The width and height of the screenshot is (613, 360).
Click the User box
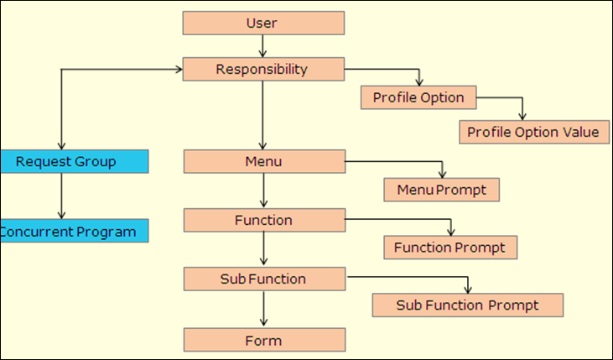click(x=263, y=23)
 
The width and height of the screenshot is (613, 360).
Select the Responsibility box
click(x=263, y=69)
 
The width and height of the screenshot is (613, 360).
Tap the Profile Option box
click(x=418, y=97)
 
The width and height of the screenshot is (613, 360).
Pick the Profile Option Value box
click(x=533, y=132)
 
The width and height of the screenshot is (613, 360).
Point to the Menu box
click(x=263, y=161)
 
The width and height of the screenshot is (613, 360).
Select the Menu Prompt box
click(x=441, y=190)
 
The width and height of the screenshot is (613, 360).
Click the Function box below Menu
click(x=263, y=220)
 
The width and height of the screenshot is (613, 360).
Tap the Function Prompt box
click(x=449, y=248)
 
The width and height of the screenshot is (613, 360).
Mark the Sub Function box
click(x=263, y=279)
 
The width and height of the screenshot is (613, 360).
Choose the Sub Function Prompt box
click(x=467, y=305)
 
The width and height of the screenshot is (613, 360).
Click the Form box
click(x=263, y=340)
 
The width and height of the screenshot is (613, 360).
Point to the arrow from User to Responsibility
click(x=263, y=46)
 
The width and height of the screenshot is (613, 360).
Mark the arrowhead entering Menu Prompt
click(x=441, y=174)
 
